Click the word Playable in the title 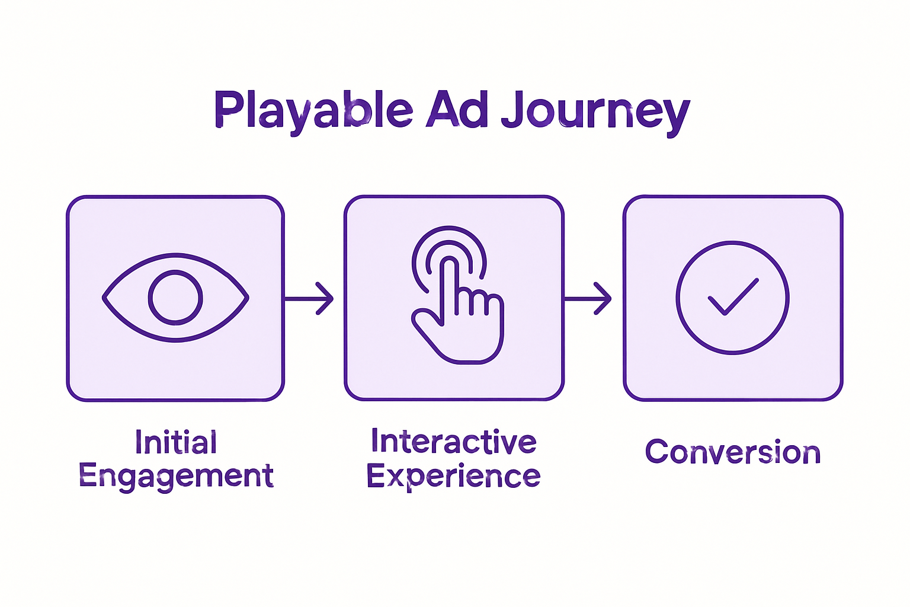[x=313, y=110]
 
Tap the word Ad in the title [x=457, y=110]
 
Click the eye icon [x=175, y=298]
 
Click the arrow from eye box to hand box [x=309, y=298]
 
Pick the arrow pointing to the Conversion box [x=587, y=298]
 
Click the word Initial [x=176, y=442]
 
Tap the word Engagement [x=176, y=476]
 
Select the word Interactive [x=454, y=442]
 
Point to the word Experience [x=453, y=476]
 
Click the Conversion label [x=733, y=452]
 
